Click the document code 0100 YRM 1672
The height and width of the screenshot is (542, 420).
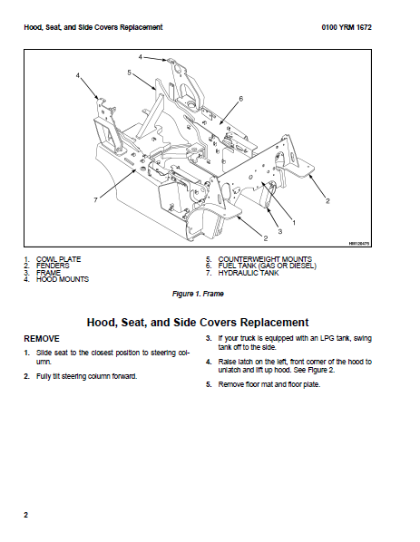point(347,27)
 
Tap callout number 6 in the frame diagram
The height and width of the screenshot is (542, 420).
point(241,99)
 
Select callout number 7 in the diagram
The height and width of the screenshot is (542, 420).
point(96,199)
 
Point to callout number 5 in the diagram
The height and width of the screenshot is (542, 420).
point(130,73)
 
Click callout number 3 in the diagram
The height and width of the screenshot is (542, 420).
point(280,231)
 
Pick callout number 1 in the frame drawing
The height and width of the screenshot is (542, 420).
point(294,223)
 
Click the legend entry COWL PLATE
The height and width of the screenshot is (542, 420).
point(58,259)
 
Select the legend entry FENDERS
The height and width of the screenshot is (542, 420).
point(53,266)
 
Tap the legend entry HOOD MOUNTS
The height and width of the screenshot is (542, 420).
point(63,279)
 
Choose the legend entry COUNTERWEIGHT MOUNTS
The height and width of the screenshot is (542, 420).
point(265,259)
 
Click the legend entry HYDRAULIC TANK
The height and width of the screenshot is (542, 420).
point(248,273)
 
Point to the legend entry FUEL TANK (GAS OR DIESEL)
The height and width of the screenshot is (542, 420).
point(267,266)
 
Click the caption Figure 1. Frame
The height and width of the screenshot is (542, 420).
point(198,294)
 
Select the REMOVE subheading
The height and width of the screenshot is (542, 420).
point(42,339)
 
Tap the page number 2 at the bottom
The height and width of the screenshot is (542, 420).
point(25,515)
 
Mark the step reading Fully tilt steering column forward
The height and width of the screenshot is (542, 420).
point(86,376)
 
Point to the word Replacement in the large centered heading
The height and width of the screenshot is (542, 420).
point(274,323)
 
